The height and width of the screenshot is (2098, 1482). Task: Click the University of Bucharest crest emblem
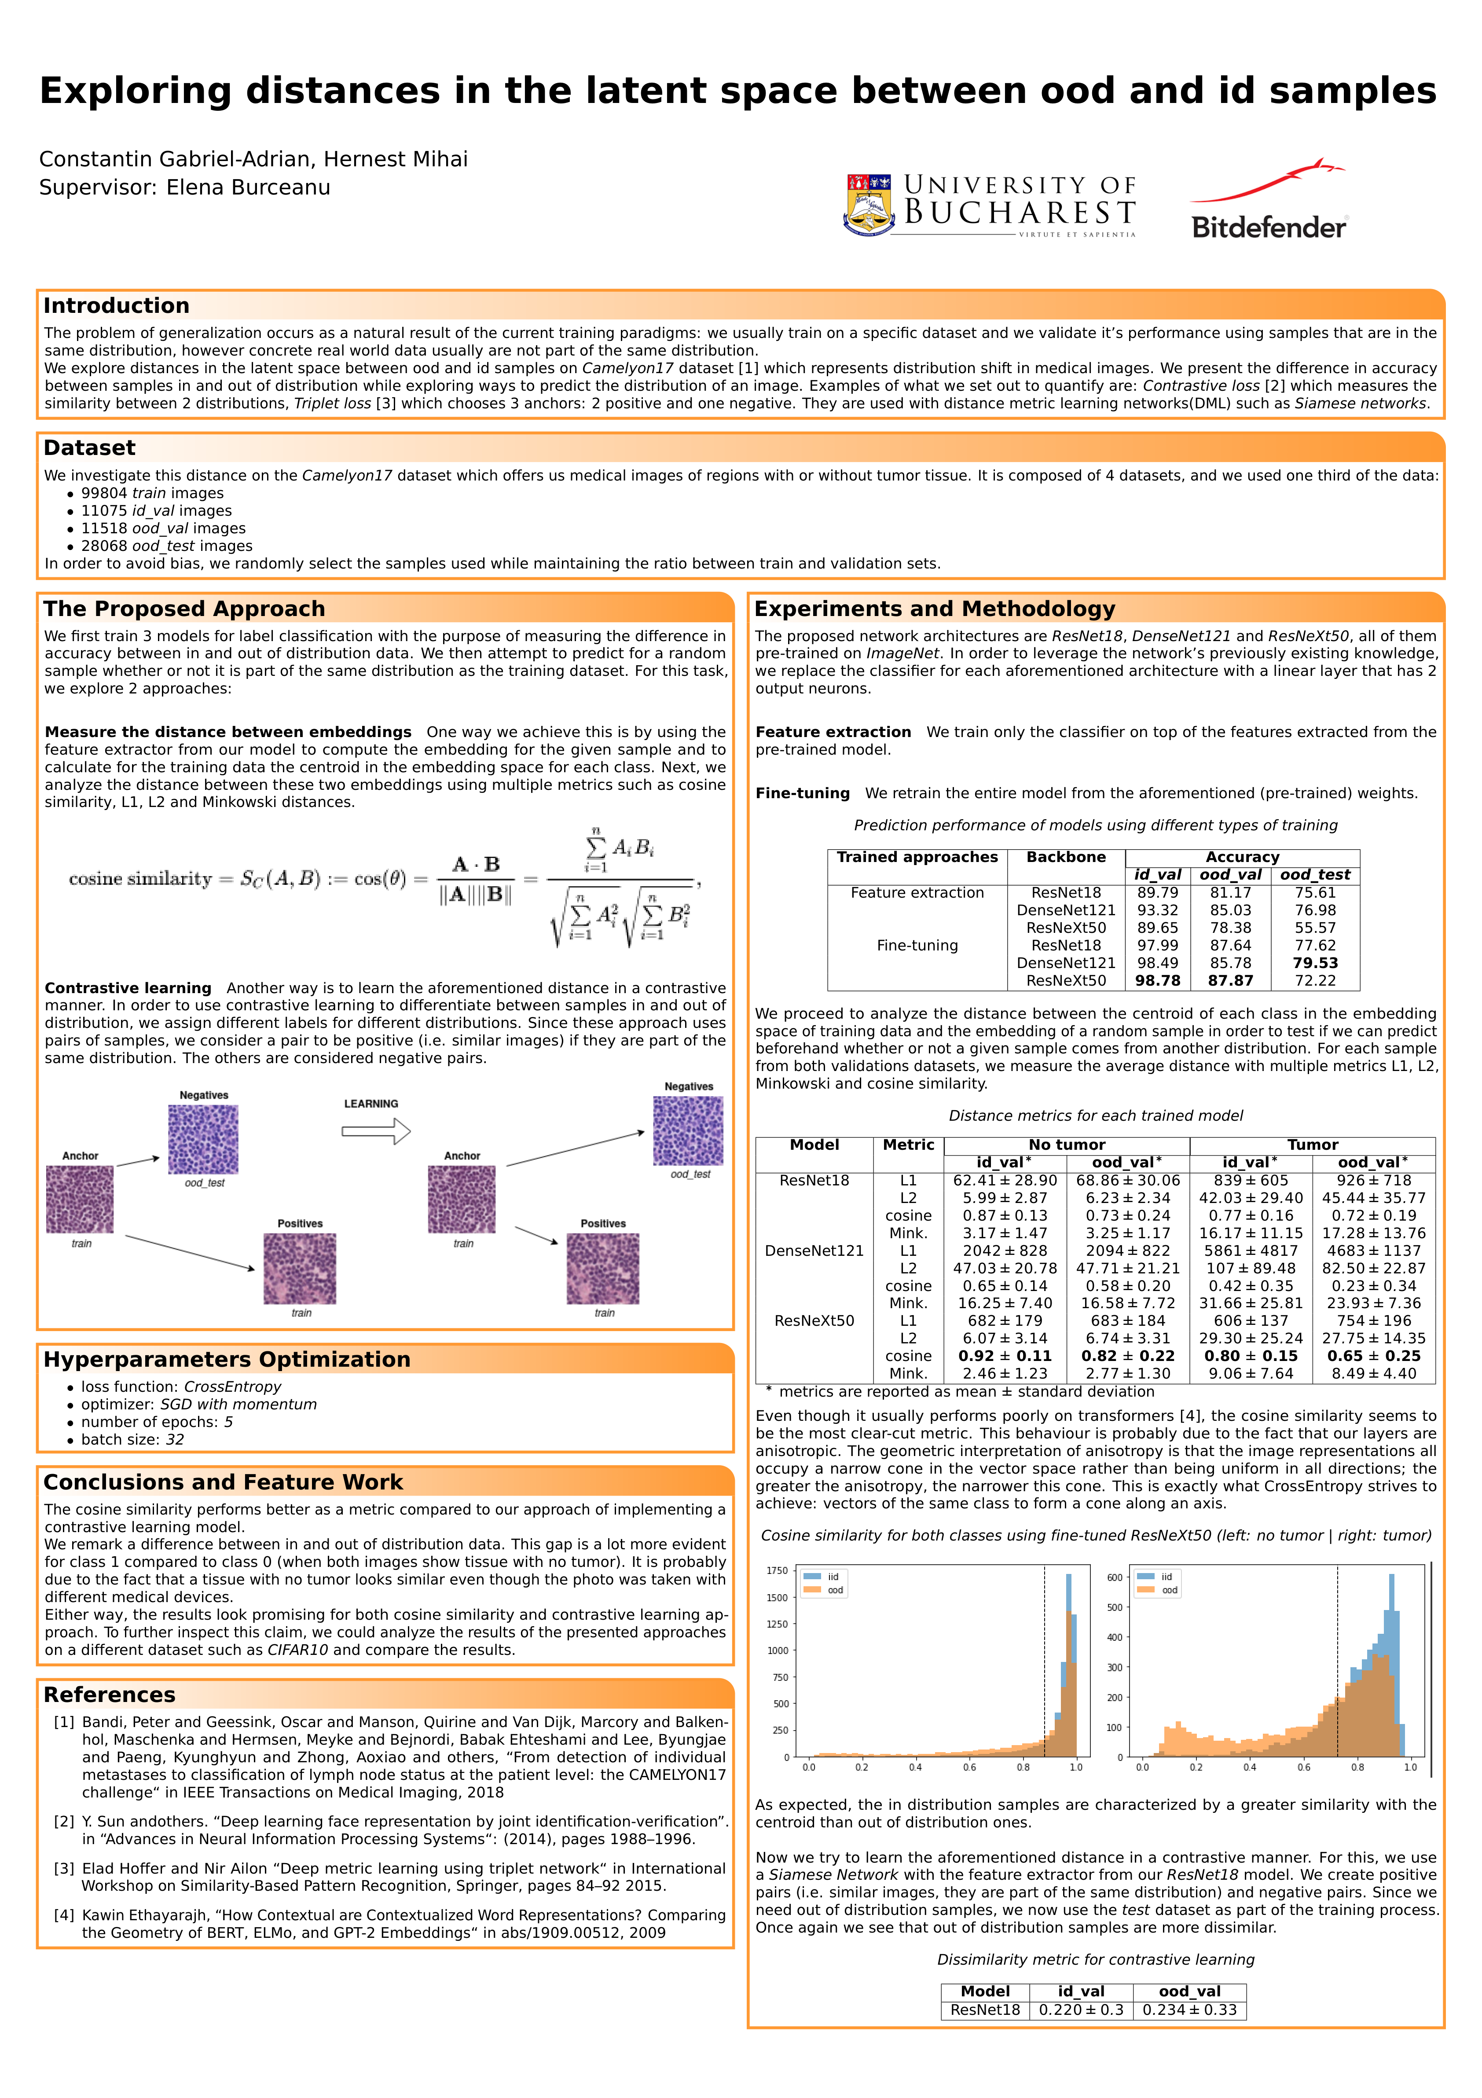coord(868,205)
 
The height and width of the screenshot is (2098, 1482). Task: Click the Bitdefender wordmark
coord(1269,227)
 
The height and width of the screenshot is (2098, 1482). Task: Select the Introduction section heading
coord(116,306)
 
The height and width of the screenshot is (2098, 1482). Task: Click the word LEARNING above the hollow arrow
coord(371,1104)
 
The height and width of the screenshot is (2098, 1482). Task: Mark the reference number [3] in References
coord(64,1869)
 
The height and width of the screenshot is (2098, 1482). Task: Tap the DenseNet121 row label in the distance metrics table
coord(814,1251)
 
